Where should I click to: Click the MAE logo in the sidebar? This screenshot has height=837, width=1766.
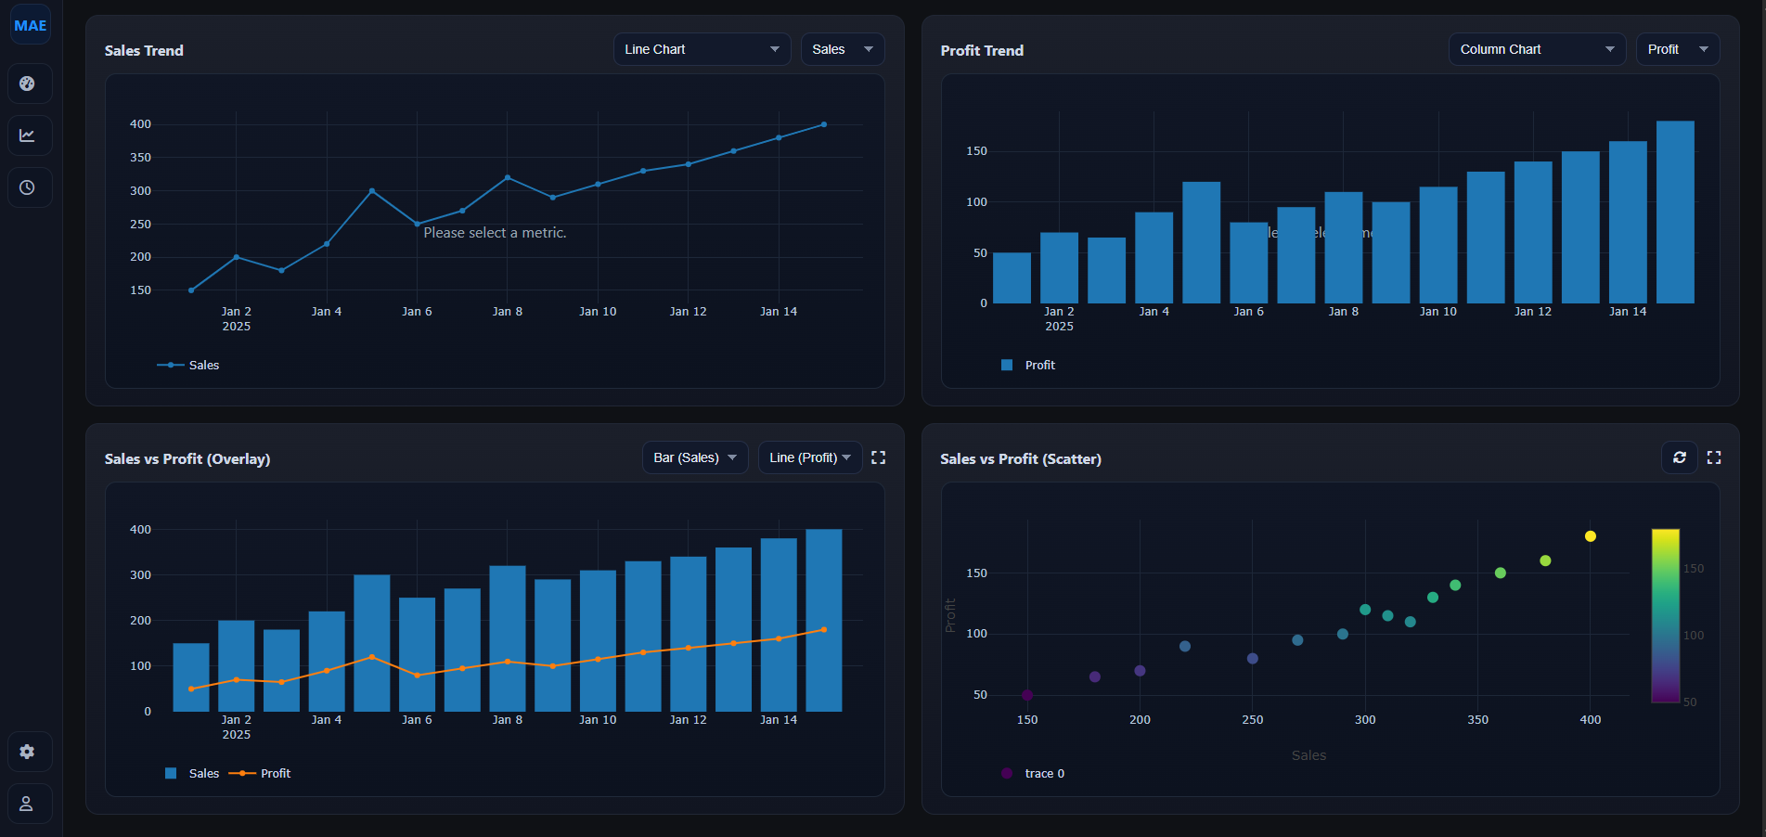pyautogui.click(x=30, y=26)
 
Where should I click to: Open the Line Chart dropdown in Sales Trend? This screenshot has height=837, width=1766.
pyautogui.click(x=702, y=49)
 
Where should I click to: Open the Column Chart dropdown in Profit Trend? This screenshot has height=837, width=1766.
pyautogui.click(x=1536, y=49)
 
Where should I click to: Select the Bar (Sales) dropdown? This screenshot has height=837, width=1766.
pyautogui.click(x=694, y=457)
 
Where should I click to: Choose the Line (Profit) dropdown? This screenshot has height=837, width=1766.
pyautogui.click(x=809, y=457)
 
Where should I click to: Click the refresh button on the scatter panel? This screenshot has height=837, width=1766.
pyautogui.click(x=1679, y=457)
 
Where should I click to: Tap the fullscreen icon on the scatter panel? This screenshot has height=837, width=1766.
pyautogui.click(x=1714, y=457)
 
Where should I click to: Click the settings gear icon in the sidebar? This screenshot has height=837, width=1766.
pyautogui.click(x=27, y=752)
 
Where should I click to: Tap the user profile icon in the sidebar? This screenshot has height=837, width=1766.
pyautogui.click(x=27, y=804)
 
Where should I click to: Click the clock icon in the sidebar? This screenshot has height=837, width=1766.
pyautogui.click(x=27, y=187)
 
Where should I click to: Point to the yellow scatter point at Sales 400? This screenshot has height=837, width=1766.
pyautogui.click(x=1590, y=536)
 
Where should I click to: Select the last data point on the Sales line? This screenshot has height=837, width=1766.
pyautogui.click(x=823, y=124)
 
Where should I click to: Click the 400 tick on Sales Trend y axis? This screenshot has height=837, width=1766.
pyautogui.click(x=140, y=124)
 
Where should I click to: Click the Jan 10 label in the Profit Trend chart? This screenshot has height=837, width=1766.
pyautogui.click(x=1437, y=312)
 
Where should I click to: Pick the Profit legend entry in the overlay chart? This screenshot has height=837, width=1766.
pyautogui.click(x=275, y=773)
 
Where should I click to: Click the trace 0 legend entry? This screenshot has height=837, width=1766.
pyautogui.click(x=1044, y=773)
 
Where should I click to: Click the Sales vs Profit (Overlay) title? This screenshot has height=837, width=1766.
pyautogui.click(x=187, y=459)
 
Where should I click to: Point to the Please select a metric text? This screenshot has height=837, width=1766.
pyautogui.click(x=495, y=233)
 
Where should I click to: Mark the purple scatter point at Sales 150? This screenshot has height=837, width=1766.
pyautogui.click(x=1027, y=695)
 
